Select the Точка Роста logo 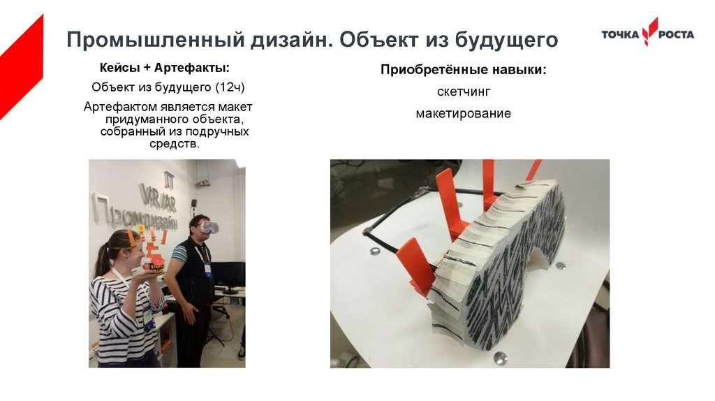[x=647, y=32]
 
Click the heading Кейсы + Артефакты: [x=164, y=68]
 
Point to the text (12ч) [x=230, y=87]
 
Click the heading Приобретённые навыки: [x=464, y=70]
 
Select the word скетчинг [x=464, y=92]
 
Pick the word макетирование [x=464, y=113]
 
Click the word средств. [x=175, y=144]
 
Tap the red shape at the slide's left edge [x=21, y=68]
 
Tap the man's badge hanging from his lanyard [x=207, y=269]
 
